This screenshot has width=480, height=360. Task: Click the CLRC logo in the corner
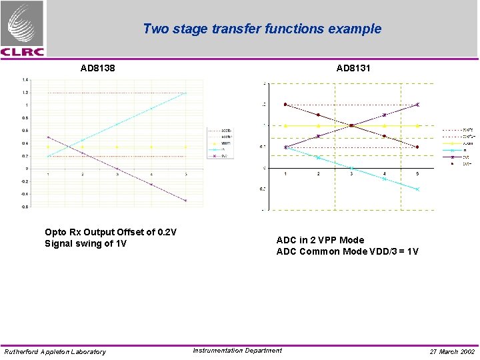tap(23, 29)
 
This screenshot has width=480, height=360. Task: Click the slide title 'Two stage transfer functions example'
tap(262, 29)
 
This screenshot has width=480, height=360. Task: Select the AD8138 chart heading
tap(97, 68)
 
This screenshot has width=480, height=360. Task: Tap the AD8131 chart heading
tap(353, 68)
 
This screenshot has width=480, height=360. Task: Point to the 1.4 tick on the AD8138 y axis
tap(25, 80)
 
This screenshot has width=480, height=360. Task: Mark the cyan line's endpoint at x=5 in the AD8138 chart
tap(185, 93)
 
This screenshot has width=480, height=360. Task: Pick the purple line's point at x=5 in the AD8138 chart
tap(185, 200)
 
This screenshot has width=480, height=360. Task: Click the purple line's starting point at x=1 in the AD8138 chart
tap(48, 137)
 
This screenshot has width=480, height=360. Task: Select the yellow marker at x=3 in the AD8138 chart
tap(117, 147)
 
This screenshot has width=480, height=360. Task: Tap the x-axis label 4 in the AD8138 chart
tap(151, 175)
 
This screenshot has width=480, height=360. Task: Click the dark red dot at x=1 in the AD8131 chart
tap(286, 105)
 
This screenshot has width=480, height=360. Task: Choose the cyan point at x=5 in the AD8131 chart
tap(417, 189)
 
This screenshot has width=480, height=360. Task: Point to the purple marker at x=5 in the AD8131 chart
tap(417, 105)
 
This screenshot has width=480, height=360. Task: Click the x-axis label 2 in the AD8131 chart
tap(319, 174)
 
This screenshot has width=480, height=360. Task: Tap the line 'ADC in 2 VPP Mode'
tap(320, 240)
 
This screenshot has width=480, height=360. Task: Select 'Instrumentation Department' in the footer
tap(237, 351)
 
